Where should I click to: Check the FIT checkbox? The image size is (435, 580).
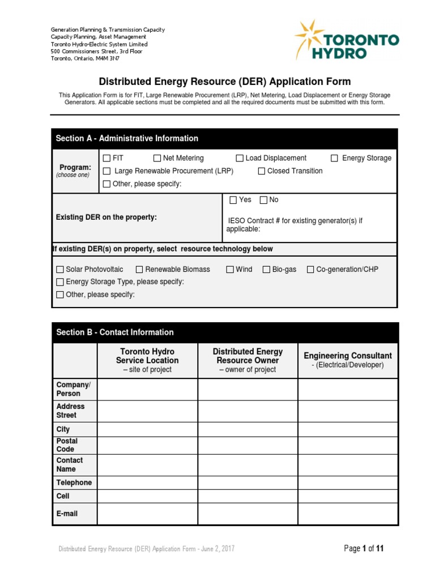(106, 158)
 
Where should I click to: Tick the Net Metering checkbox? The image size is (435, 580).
(157, 158)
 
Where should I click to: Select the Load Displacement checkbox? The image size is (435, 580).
(240, 158)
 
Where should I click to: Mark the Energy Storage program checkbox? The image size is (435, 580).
(335, 158)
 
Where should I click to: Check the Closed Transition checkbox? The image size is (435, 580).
(262, 171)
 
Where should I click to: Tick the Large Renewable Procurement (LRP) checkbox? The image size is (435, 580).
(106, 171)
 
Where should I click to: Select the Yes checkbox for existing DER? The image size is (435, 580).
(233, 200)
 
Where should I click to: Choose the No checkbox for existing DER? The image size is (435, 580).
(263, 200)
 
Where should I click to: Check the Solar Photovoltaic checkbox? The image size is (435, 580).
(60, 270)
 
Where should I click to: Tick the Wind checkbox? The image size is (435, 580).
(230, 270)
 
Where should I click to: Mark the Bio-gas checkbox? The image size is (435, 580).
(266, 270)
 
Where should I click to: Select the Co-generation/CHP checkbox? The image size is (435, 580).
(310, 270)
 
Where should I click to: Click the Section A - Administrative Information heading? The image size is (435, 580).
(127, 138)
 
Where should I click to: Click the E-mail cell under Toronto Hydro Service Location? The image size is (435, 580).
(147, 514)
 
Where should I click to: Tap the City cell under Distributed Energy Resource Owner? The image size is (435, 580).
(247, 429)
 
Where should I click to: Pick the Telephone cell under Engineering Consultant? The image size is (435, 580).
(348, 483)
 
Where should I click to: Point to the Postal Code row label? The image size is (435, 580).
(67, 445)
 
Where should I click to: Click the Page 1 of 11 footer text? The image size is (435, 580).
(364, 548)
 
